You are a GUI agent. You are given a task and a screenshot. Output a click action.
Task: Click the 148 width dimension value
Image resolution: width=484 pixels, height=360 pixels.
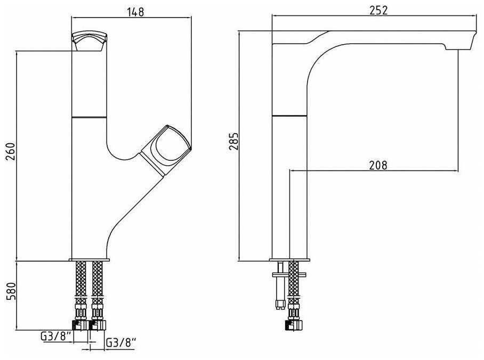pos(135,12)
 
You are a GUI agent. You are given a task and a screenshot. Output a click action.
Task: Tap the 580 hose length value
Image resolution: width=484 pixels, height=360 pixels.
pos(11,291)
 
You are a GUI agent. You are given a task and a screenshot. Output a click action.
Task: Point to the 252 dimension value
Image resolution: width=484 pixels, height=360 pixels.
pos(378,10)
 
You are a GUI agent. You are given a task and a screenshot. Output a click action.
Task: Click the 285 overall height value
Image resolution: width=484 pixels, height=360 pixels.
pos(234,141)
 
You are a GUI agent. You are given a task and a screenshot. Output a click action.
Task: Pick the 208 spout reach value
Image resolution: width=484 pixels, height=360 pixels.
pos(378,165)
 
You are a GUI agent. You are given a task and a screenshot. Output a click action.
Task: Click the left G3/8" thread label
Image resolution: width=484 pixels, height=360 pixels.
pos(56,336)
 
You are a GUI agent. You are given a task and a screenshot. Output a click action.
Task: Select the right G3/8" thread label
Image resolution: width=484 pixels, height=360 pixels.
pos(122,342)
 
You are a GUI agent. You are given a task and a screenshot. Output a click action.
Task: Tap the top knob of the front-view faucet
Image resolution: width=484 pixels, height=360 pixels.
pos(89,40)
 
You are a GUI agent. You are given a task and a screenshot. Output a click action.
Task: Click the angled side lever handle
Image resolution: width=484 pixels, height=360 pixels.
pos(166,150)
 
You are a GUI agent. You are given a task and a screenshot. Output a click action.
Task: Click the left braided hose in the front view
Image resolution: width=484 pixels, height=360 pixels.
pos(81,280)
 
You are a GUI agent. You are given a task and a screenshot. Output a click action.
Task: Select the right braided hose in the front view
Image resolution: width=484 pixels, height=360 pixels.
pos(98,280)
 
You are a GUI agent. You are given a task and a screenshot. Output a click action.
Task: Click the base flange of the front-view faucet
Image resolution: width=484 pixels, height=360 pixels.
pos(89,260)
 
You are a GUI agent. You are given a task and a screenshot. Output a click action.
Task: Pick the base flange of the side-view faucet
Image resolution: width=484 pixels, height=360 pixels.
pos(289,260)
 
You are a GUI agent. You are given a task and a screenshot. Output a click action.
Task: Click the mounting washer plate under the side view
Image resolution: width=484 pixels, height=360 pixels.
pos(289,274)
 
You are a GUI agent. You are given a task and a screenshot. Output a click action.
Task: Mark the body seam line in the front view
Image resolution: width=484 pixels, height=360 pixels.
pos(89,117)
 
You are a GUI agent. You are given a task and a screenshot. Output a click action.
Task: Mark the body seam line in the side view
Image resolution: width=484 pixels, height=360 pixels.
pos(289,116)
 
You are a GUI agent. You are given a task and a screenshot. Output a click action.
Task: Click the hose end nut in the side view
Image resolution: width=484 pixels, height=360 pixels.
pos(294,325)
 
